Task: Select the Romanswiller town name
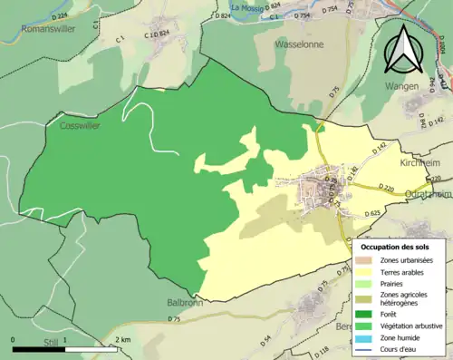click(48, 28)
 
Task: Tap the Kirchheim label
click(419, 162)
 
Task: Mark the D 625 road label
click(371, 213)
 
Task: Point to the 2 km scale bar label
click(123, 340)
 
